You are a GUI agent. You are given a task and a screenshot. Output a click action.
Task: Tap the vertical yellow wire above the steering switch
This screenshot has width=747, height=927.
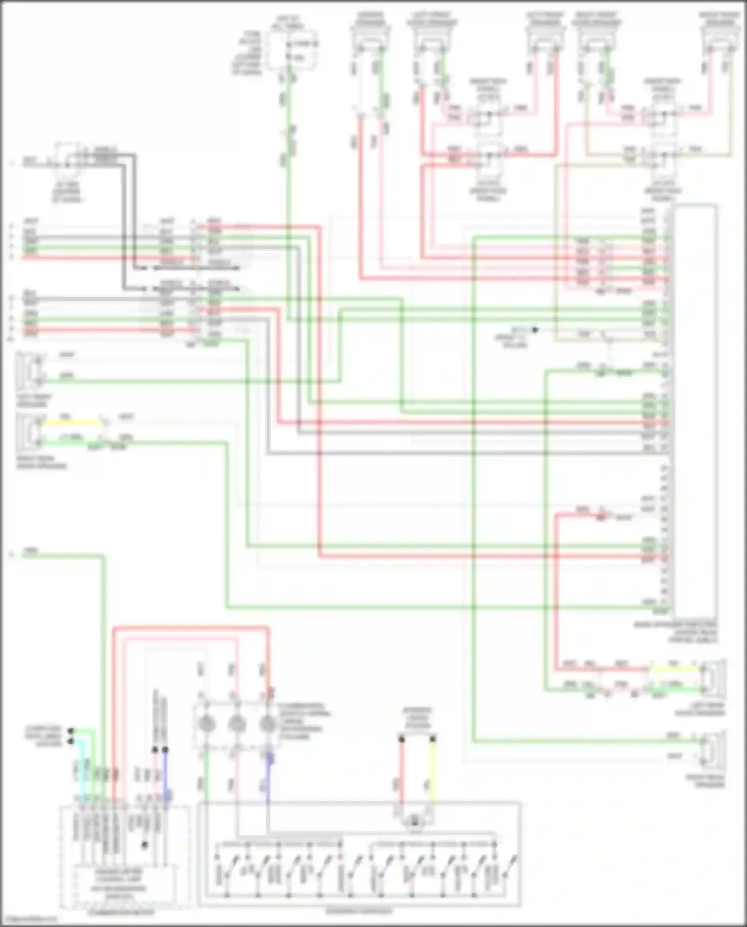click(x=432, y=772)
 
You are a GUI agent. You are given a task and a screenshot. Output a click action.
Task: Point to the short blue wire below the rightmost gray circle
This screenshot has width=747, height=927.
click(x=269, y=762)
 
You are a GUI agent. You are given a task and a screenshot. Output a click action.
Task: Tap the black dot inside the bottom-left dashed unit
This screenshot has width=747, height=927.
click(x=144, y=845)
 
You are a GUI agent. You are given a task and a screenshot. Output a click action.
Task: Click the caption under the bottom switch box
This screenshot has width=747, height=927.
click(x=359, y=911)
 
